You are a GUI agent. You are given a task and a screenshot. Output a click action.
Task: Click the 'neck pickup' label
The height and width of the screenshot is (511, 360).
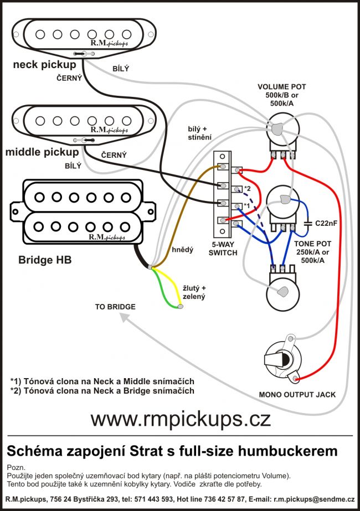pos(45,65)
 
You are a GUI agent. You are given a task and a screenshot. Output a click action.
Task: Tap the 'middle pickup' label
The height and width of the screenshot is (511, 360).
pos(42,151)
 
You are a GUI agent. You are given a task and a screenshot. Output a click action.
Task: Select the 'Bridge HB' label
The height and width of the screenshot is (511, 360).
pos(45,259)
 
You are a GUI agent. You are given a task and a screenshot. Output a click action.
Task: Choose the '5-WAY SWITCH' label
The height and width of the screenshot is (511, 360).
pos(224,248)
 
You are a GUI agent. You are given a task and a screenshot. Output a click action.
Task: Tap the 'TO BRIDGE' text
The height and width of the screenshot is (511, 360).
pos(115,306)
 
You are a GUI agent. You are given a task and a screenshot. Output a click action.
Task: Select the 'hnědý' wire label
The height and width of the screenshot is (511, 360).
pos(182,250)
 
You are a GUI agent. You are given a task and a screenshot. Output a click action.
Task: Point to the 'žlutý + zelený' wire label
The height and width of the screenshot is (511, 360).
pos(194,292)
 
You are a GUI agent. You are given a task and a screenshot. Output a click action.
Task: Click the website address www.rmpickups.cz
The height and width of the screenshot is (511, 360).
pos(181,419)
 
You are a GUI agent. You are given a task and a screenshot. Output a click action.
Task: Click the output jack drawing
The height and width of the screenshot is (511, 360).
pos(283,357)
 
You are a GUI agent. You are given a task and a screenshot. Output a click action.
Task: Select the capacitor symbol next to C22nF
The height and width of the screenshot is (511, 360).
pos(308,223)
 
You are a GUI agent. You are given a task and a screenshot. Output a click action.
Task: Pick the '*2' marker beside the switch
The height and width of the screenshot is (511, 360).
pos(247,188)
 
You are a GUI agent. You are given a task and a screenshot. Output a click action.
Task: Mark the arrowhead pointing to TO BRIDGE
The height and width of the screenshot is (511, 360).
pos(125,317)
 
